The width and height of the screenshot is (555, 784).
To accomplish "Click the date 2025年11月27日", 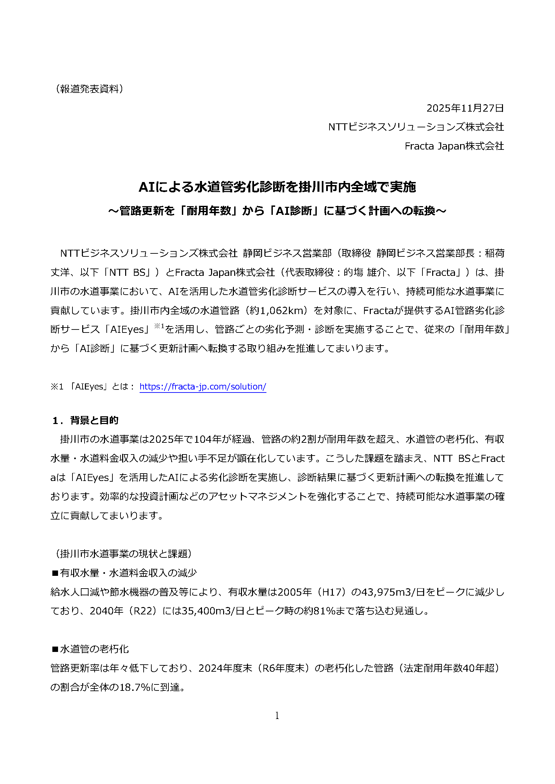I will [465, 108].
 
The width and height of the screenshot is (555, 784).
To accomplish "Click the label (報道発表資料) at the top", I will [89, 89].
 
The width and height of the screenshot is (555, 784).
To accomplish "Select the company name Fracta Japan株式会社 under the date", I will [454, 146].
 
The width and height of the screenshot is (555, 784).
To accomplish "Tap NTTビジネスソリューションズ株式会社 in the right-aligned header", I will [415, 127].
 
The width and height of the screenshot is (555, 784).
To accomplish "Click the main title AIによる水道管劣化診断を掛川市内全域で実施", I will [277, 187].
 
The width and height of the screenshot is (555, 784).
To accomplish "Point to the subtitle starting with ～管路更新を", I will [277, 211].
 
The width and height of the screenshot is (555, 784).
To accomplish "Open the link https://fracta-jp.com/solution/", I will [203, 386].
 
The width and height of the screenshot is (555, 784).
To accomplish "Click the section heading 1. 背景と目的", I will [86, 420].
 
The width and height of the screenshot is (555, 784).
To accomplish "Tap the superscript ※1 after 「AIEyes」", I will [159, 326].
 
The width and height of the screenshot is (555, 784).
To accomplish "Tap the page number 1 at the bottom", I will [277, 715].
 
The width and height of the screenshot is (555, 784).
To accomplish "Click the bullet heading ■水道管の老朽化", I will [90, 649].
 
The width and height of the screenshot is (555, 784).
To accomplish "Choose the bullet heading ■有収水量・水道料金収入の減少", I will [124, 572].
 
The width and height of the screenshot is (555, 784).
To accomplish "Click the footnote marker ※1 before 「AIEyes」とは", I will [57, 386].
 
